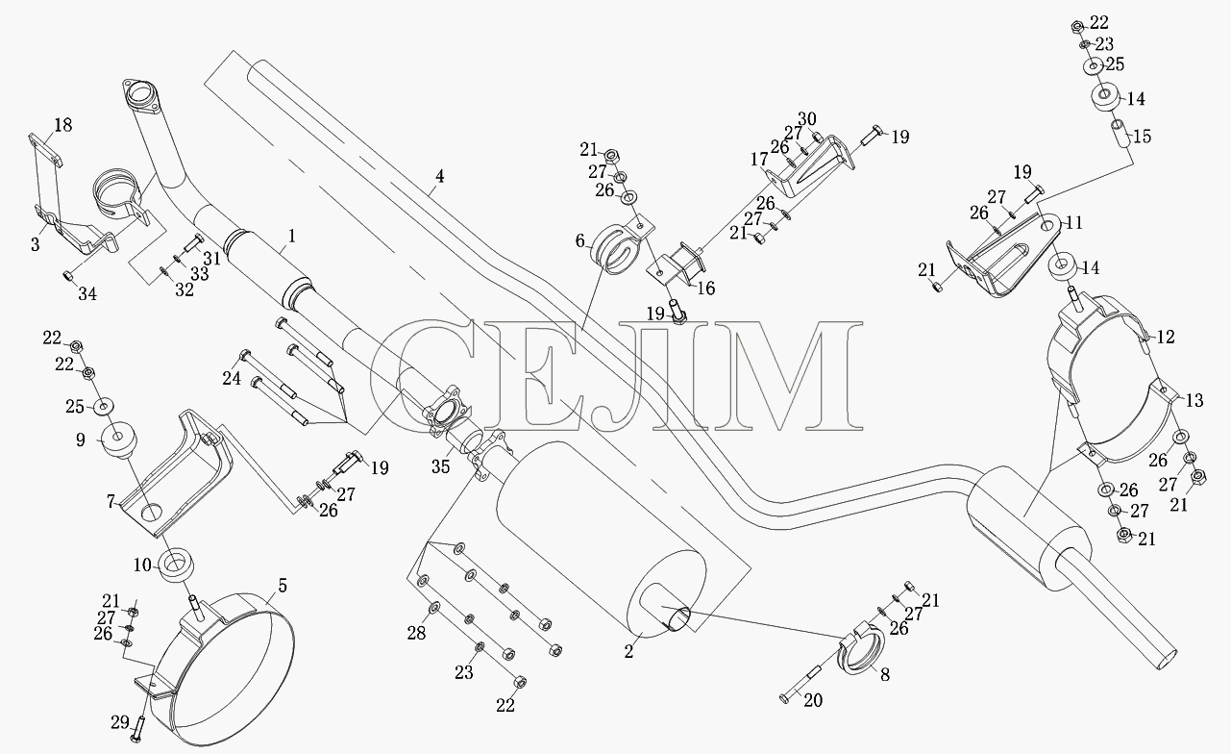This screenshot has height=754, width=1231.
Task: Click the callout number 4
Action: [x=439, y=177]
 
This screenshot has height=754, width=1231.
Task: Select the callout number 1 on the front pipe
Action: [x=292, y=236]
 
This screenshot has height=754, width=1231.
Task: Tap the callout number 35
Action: [x=441, y=466]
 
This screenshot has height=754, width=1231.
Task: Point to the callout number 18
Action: [x=63, y=125]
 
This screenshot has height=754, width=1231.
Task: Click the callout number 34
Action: [x=87, y=294]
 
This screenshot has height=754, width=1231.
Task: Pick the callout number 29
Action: [x=120, y=722]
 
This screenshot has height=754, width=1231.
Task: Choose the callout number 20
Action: [x=813, y=700]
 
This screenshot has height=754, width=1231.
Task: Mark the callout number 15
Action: [x=1142, y=137]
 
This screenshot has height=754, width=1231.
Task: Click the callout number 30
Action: [x=807, y=119]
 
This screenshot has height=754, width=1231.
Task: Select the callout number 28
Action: [x=416, y=634]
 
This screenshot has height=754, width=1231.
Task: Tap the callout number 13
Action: [x=1194, y=400]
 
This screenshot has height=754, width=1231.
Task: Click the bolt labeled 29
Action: [x=136, y=729]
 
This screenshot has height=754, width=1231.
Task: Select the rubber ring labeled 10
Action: [x=176, y=565]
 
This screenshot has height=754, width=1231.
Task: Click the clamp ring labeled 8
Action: [x=861, y=649]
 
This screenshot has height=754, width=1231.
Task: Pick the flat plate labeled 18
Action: [x=45, y=149]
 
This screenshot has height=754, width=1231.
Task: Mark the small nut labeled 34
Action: [x=67, y=275]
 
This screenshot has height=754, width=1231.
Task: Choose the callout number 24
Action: [x=232, y=378]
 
